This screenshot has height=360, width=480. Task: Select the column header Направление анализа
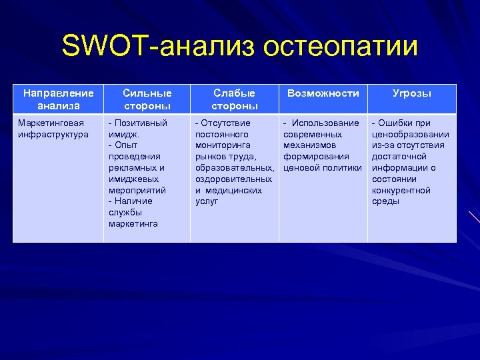(58, 99)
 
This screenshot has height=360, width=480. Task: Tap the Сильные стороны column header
(147, 99)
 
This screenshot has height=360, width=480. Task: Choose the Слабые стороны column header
(234, 99)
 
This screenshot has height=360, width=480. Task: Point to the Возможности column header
(323, 93)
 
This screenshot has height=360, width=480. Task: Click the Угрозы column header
(411, 93)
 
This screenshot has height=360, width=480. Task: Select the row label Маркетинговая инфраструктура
(51, 129)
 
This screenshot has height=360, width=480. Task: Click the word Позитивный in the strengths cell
(141, 123)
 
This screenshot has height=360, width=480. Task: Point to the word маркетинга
(133, 224)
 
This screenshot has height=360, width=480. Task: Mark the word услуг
(207, 201)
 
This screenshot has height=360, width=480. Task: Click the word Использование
(325, 123)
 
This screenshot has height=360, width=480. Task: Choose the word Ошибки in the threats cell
(398, 123)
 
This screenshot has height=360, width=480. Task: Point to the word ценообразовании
(410, 134)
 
